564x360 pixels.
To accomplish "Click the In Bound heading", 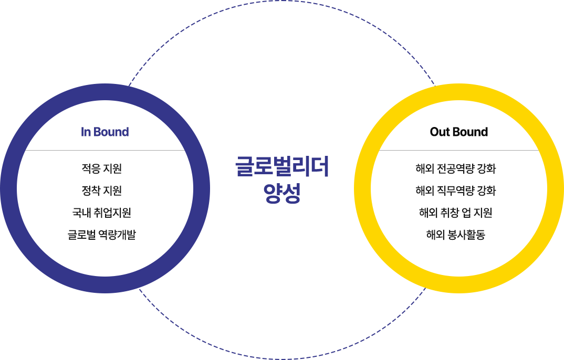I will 105,132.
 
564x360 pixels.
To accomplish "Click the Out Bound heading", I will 458,132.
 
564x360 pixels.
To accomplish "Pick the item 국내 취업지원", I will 102,213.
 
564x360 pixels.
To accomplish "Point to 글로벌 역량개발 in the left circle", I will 102,235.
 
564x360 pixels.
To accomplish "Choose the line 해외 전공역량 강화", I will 456,169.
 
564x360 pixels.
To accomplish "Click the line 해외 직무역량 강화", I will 456,191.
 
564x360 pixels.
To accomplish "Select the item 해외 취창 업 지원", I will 456,213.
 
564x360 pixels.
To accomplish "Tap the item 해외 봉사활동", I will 456,235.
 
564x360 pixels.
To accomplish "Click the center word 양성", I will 283,192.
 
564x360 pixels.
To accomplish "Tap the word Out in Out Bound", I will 439,132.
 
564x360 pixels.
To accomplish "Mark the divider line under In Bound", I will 105,150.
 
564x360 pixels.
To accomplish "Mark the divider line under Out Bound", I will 458,150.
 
